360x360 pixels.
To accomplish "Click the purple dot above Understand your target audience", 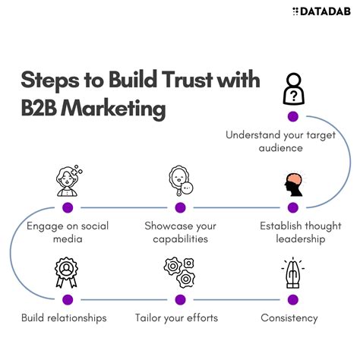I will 292,116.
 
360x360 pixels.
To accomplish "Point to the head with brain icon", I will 292,183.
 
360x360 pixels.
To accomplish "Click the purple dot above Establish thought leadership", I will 292,207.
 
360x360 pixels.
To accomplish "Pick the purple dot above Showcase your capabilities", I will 180,207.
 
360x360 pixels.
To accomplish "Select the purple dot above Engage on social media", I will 68,207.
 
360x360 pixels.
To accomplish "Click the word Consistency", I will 289,317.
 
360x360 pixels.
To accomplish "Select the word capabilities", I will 180,238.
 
